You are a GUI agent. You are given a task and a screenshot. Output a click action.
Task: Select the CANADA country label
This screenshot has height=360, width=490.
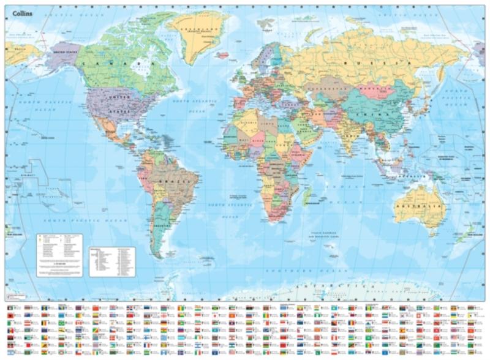coord(116,63)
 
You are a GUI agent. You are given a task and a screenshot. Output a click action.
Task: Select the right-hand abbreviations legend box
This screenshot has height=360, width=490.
coord(111,260)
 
